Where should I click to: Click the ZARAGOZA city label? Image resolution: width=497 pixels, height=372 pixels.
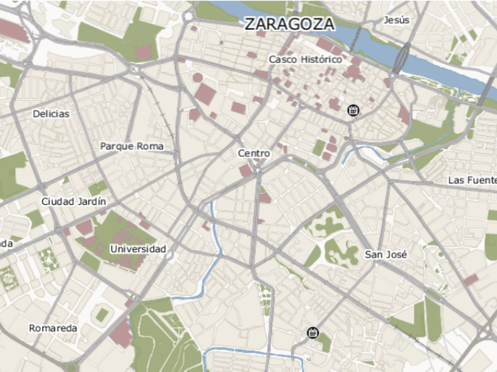pyautogui.click(x=289, y=24)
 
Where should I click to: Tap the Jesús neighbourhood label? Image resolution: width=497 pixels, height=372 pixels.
pyautogui.click(x=396, y=20)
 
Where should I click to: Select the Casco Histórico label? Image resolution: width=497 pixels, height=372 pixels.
pyautogui.click(x=305, y=59)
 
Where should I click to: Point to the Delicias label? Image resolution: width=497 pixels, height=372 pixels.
pyautogui.click(x=51, y=114)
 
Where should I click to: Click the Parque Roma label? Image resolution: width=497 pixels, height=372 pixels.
pyautogui.click(x=132, y=146)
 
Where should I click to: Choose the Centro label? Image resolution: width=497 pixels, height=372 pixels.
pyautogui.click(x=254, y=153)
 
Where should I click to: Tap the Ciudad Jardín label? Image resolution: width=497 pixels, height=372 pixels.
pyautogui.click(x=74, y=202)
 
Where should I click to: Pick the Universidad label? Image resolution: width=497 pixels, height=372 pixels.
pyautogui.click(x=138, y=249)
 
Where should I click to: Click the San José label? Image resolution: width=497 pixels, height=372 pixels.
pyautogui.click(x=386, y=255)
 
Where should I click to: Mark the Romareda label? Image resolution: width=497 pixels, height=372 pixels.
pyautogui.click(x=53, y=328)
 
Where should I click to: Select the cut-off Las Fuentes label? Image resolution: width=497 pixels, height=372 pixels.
pyautogui.click(x=472, y=180)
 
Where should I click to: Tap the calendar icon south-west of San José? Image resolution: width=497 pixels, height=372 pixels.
pyautogui.click(x=312, y=332)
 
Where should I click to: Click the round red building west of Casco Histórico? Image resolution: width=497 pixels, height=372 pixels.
pyautogui.click(x=198, y=78)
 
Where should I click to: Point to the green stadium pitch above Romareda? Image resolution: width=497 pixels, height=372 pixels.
pyautogui.click(x=102, y=315)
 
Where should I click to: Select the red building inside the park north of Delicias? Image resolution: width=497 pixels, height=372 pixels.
pyautogui.click(x=144, y=52)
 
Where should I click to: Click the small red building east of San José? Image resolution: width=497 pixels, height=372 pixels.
pyautogui.click(x=471, y=280)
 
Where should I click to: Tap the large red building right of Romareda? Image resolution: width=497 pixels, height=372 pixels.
pyautogui.click(x=120, y=333)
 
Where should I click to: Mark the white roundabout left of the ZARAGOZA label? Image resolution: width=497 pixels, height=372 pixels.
pyautogui.click(x=188, y=17)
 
